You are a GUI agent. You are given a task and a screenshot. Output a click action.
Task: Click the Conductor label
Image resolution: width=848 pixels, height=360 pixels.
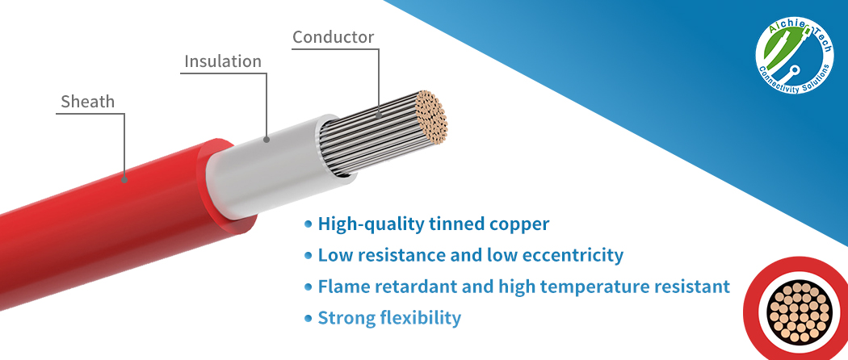[x=333, y=37]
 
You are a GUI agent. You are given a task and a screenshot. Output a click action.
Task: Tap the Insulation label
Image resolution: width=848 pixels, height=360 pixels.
[x=223, y=61]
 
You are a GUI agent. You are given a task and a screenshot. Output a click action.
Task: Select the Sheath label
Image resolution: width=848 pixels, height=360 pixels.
[x=88, y=102]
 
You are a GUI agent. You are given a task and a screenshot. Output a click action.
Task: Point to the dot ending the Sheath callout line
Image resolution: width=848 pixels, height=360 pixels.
[x=125, y=178]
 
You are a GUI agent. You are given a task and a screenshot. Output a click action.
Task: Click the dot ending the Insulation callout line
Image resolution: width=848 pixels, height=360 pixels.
[x=267, y=140]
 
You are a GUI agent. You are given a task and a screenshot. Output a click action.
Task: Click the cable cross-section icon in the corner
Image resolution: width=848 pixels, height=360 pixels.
[x=796, y=312]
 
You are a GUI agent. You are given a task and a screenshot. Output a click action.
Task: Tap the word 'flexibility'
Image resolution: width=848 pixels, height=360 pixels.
[x=421, y=318]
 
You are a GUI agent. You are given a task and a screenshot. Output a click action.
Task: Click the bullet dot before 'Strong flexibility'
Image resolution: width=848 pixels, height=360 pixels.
[x=308, y=317]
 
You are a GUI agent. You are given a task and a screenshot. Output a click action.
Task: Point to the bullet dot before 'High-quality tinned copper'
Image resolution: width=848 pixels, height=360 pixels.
[x=308, y=223]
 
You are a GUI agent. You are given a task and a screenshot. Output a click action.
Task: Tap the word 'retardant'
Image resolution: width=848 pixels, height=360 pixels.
[x=411, y=287]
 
